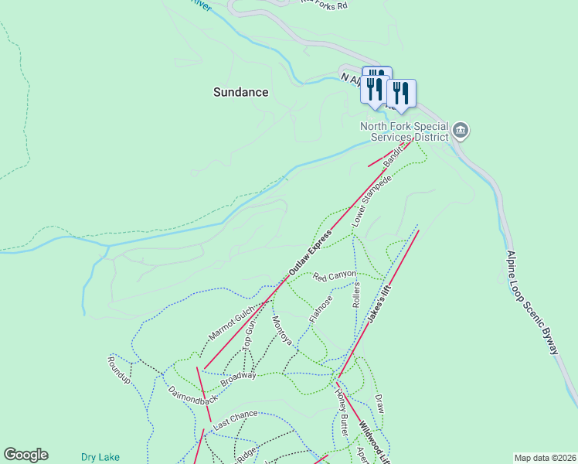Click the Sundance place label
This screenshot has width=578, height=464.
click(x=240, y=92)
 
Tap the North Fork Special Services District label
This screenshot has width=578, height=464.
click(x=404, y=131)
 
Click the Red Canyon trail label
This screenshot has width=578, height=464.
click(x=335, y=275)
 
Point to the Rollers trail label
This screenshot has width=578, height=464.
click(x=356, y=295)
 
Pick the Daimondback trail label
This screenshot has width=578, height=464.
click(x=192, y=395)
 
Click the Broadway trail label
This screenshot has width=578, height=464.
click(x=238, y=379)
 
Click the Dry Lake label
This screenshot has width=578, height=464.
click(x=100, y=457)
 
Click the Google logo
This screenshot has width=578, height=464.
click(x=25, y=455)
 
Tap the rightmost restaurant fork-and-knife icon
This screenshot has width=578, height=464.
click(x=400, y=94)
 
